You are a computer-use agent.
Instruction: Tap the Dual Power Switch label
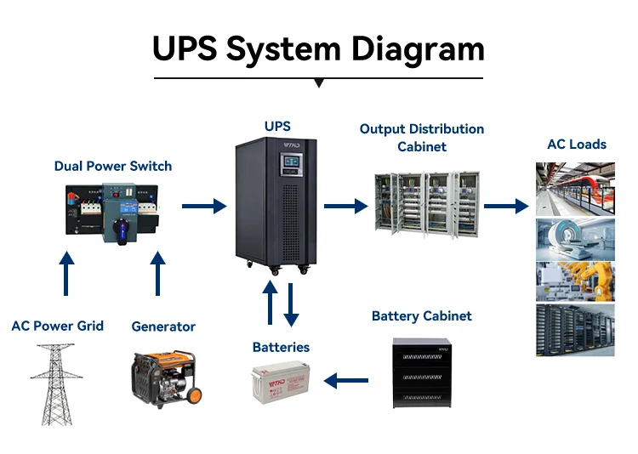click(113, 166)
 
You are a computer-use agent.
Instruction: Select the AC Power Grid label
click(58, 326)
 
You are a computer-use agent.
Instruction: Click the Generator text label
click(163, 326)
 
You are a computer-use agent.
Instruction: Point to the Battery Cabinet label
click(422, 316)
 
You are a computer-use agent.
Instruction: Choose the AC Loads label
click(577, 144)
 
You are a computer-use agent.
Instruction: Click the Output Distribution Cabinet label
click(422, 138)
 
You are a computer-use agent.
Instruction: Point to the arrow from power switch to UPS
click(205, 205)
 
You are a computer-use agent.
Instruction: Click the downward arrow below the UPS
click(291, 304)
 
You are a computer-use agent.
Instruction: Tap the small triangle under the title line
click(319, 83)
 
